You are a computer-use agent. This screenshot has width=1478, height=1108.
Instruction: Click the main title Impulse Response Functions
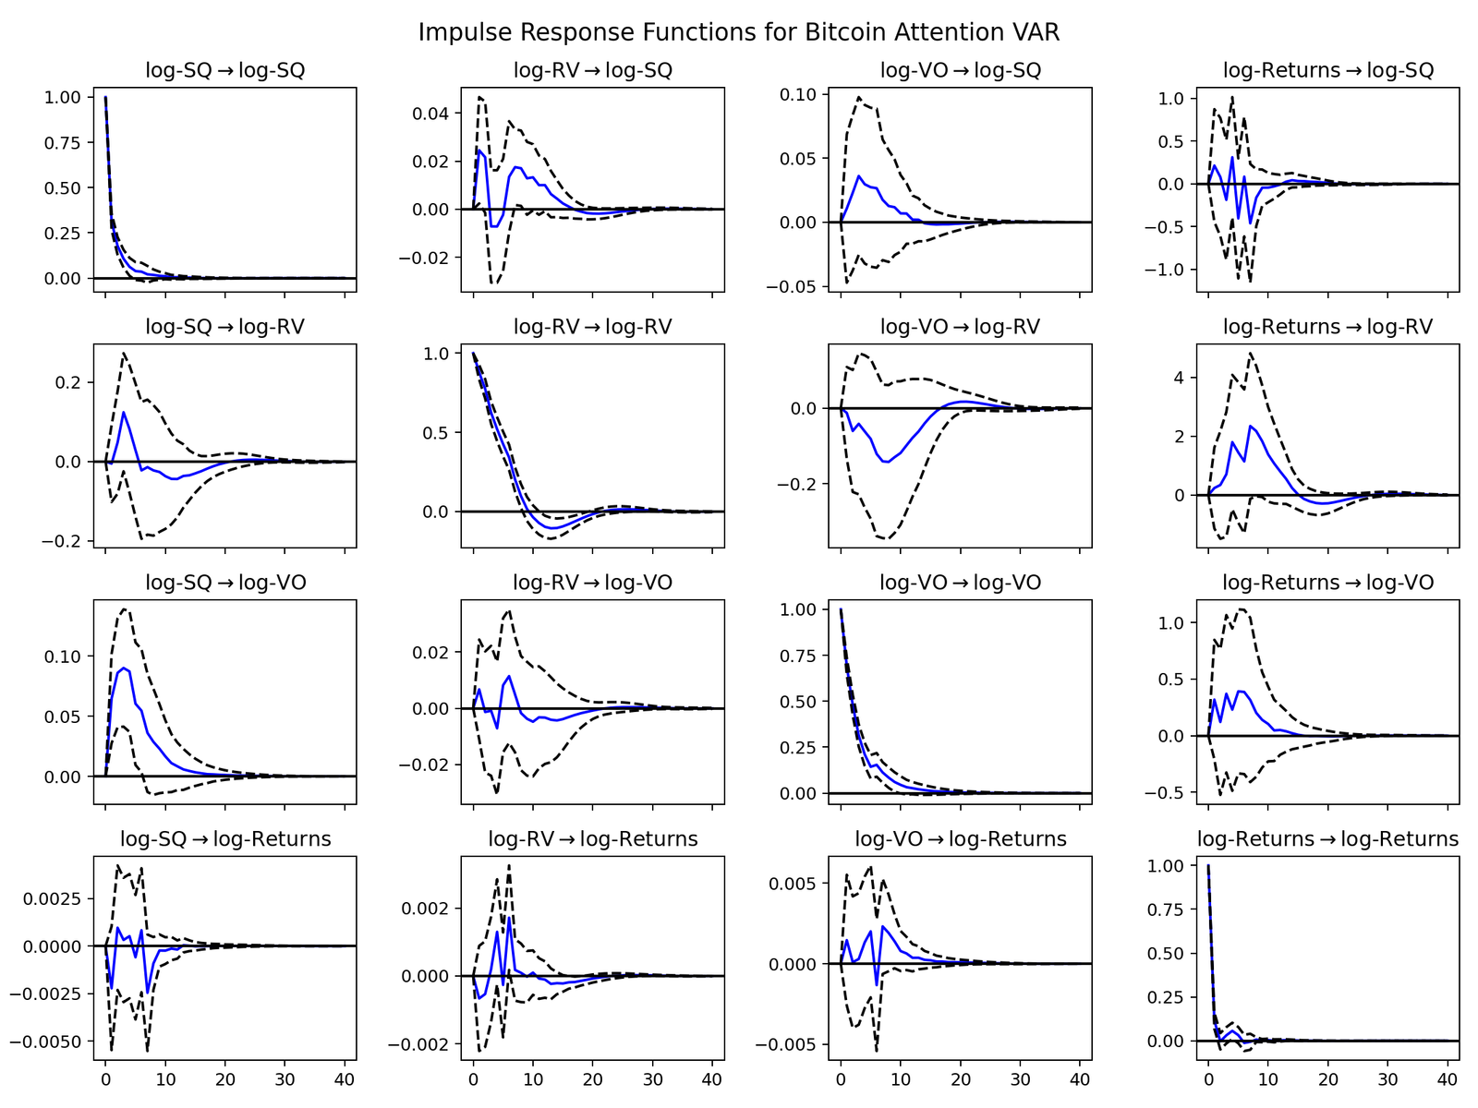738,32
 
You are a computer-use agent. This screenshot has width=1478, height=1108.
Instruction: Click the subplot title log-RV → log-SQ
593,70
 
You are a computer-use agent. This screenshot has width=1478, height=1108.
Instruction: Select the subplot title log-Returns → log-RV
1327,327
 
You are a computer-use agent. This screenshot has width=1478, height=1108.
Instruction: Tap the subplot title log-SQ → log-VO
225,583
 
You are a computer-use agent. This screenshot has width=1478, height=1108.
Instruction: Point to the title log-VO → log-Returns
960,839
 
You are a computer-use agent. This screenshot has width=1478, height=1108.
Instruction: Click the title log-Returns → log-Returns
1327,839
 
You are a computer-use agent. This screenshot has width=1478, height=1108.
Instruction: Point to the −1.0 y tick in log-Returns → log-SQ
1172,270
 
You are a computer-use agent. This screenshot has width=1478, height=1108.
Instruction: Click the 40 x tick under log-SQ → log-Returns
344,1078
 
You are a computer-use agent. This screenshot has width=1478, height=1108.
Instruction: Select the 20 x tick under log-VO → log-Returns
960,1078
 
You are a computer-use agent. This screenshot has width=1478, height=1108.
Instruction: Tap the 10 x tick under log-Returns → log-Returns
1267,1078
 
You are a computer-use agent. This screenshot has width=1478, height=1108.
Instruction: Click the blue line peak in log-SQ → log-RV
124,412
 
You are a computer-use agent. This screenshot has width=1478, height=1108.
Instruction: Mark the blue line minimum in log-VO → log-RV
889,462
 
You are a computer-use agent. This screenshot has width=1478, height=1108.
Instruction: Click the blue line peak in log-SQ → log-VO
124,668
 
